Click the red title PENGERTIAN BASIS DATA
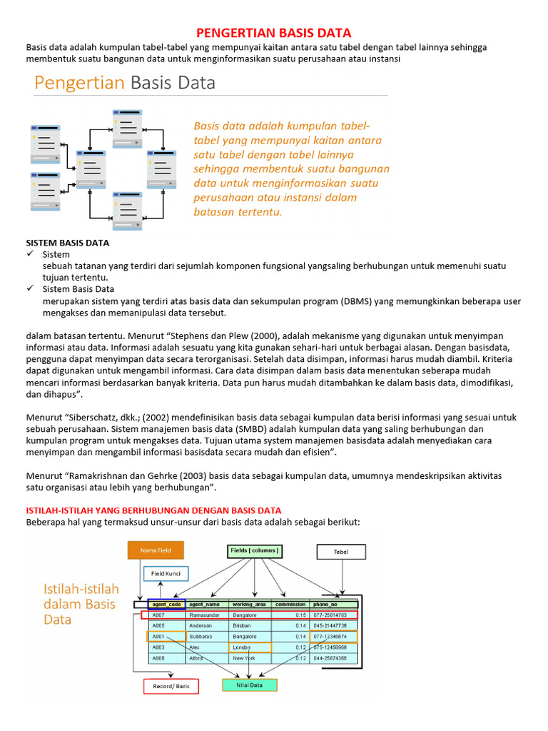274,33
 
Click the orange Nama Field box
155,550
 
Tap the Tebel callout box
341,552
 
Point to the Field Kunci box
166,573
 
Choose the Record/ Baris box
171,686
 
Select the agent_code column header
166,603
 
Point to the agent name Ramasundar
205,615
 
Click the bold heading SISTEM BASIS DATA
68,243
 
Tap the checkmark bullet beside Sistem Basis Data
30,289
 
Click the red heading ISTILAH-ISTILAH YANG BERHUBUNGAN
153,510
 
